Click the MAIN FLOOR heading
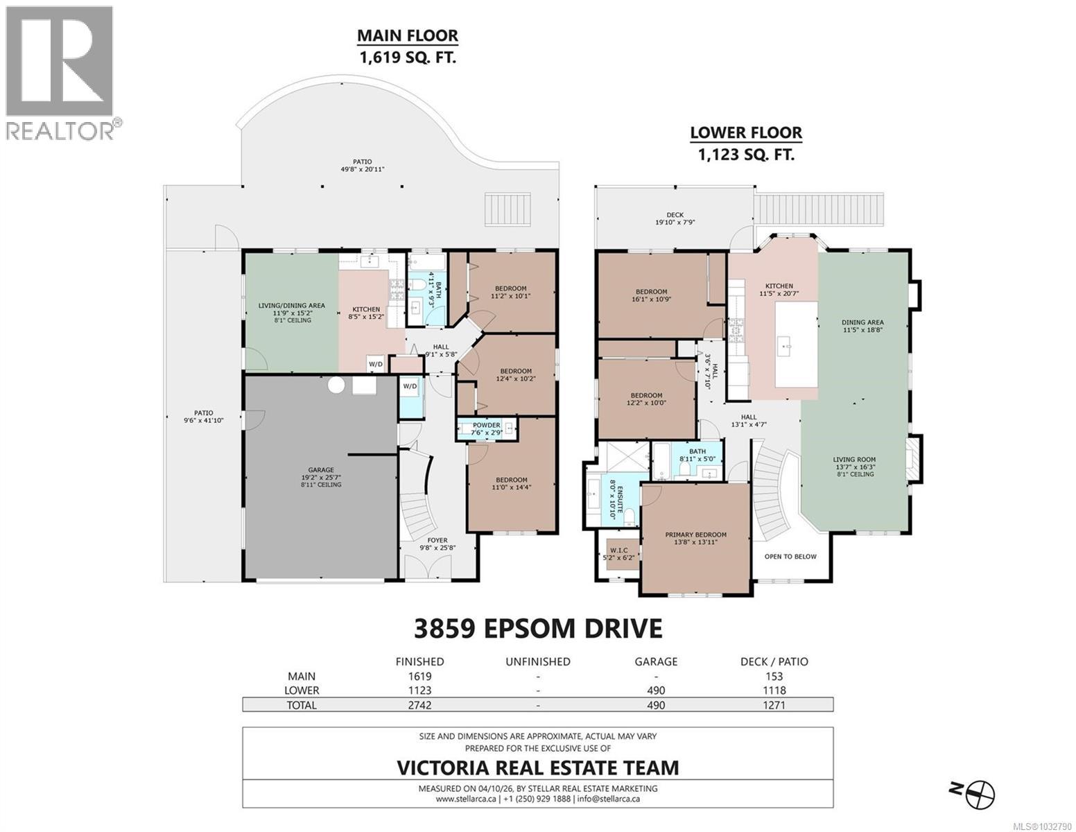click(407, 35)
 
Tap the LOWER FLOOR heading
click(745, 132)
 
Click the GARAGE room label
click(321, 469)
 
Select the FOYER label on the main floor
click(437, 540)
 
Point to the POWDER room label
click(487, 425)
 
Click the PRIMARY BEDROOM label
click(695, 535)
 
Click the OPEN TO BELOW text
click(790, 537)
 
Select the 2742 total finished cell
click(419, 705)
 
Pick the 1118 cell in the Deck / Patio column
click(774, 691)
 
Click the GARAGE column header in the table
click(655, 661)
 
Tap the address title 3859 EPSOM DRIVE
click(537, 628)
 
